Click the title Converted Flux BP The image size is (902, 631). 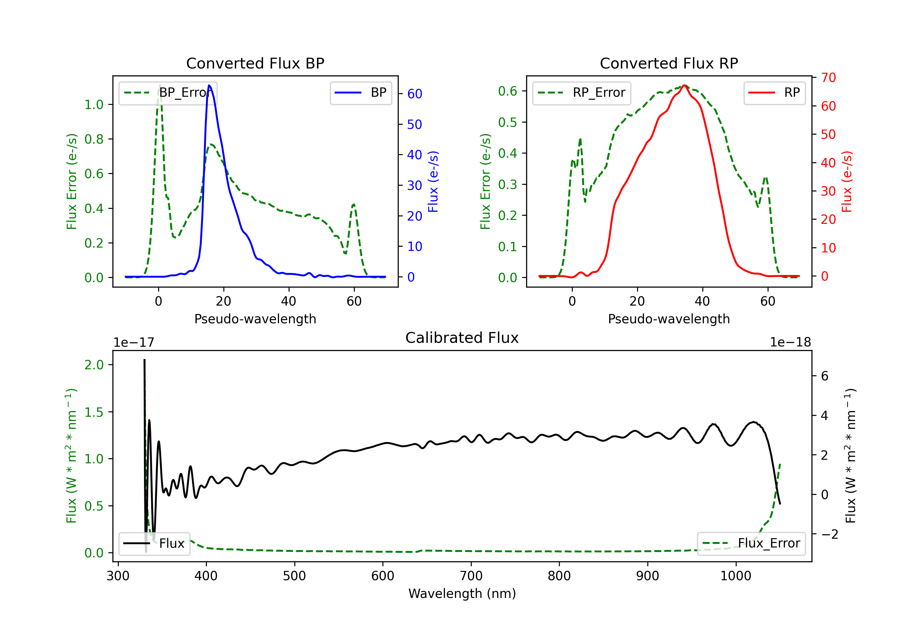pos(255,63)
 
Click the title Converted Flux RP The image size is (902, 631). pos(669,63)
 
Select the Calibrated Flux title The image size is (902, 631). pos(462,338)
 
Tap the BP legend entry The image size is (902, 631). pos(360,93)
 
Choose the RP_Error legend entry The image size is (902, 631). pos(581,93)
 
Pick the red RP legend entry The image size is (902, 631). pos(774,93)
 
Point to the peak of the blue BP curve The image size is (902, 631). pos(209,85)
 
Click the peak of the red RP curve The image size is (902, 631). pos(684,85)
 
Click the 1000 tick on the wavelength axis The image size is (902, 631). pos(735,576)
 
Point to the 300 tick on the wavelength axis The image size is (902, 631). pos(118,576)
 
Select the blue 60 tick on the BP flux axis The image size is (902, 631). pos(414,94)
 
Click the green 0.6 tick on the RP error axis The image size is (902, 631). pos(508,91)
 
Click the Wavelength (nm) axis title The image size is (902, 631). pos(462,594)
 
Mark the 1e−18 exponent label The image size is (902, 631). pos(790,343)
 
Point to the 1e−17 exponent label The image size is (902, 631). pos(133,343)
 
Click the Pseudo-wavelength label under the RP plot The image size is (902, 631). pos(669,319)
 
